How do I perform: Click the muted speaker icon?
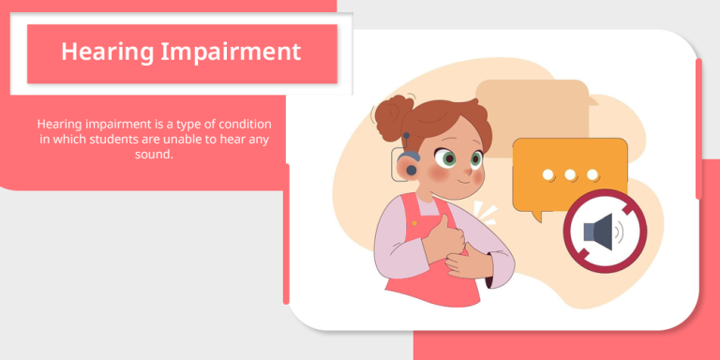600,231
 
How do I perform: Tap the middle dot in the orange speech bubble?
569,174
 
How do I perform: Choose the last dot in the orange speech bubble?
592,174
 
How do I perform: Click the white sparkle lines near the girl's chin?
482,210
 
